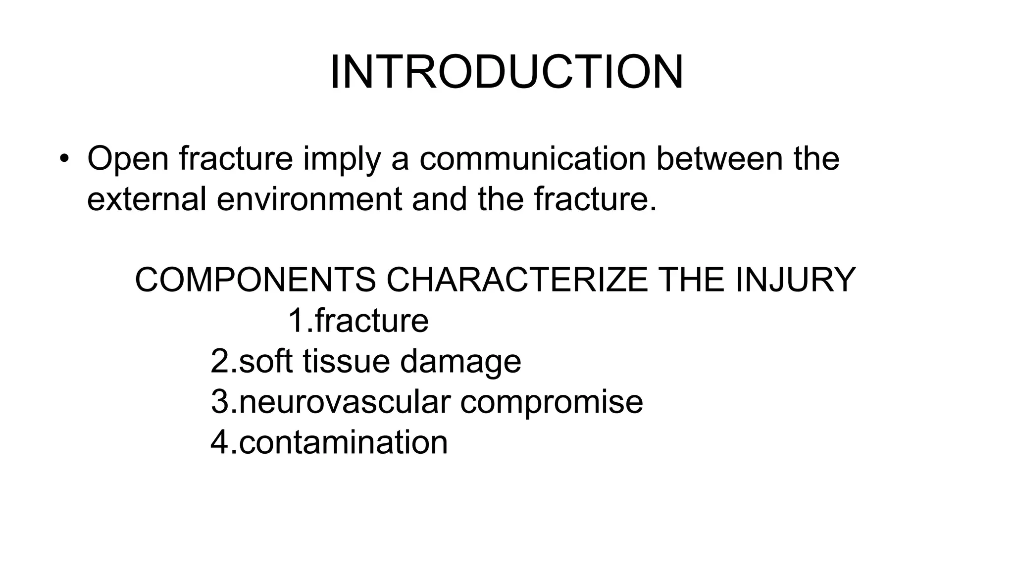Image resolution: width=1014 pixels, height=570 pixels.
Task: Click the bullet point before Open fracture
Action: (64, 159)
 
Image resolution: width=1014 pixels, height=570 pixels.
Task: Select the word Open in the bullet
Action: (128, 159)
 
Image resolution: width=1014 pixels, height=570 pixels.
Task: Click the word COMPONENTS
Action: (255, 280)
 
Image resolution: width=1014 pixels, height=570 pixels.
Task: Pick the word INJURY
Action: (795, 280)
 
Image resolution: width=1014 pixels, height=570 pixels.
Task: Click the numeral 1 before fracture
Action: (296, 321)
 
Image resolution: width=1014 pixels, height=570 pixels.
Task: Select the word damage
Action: (460, 362)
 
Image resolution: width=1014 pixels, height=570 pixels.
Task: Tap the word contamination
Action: (343, 442)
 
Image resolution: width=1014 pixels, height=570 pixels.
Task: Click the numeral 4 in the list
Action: (219, 442)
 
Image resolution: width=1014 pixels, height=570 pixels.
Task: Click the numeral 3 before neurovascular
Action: (219, 402)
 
